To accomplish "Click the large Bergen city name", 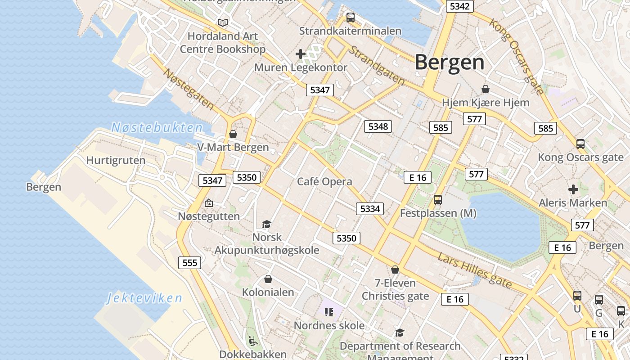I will pyautogui.click(x=450, y=62).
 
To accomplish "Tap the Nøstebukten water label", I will pyautogui.click(x=157, y=128).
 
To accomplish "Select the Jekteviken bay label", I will pyautogui.click(x=144, y=298).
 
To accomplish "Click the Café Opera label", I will pyautogui.click(x=324, y=182).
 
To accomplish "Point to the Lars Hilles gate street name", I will pyautogui.click(x=475, y=270).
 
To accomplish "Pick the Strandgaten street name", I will pyautogui.click(x=377, y=65).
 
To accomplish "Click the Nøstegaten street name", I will pyautogui.click(x=189, y=89).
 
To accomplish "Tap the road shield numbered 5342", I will pyautogui.click(x=459, y=6).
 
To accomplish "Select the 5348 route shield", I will pyautogui.click(x=378, y=126).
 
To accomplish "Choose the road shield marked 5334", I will pyautogui.click(x=370, y=209).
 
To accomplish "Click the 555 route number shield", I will pyautogui.click(x=189, y=263).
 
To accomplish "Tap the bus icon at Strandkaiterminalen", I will pyautogui.click(x=350, y=18).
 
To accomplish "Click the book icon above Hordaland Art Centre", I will pyautogui.click(x=222, y=22).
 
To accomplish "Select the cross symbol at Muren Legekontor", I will pyautogui.click(x=300, y=54).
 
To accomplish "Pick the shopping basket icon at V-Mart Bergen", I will pyautogui.click(x=233, y=134).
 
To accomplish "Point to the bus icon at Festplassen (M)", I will pyautogui.click(x=438, y=200).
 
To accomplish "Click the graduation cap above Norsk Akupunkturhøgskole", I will pyautogui.click(x=267, y=224).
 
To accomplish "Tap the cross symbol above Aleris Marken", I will pyautogui.click(x=573, y=189).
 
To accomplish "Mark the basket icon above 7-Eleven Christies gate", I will pyautogui.click(x=395, y=270).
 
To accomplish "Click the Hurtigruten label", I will pyautogui.click(x=116, y=161).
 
